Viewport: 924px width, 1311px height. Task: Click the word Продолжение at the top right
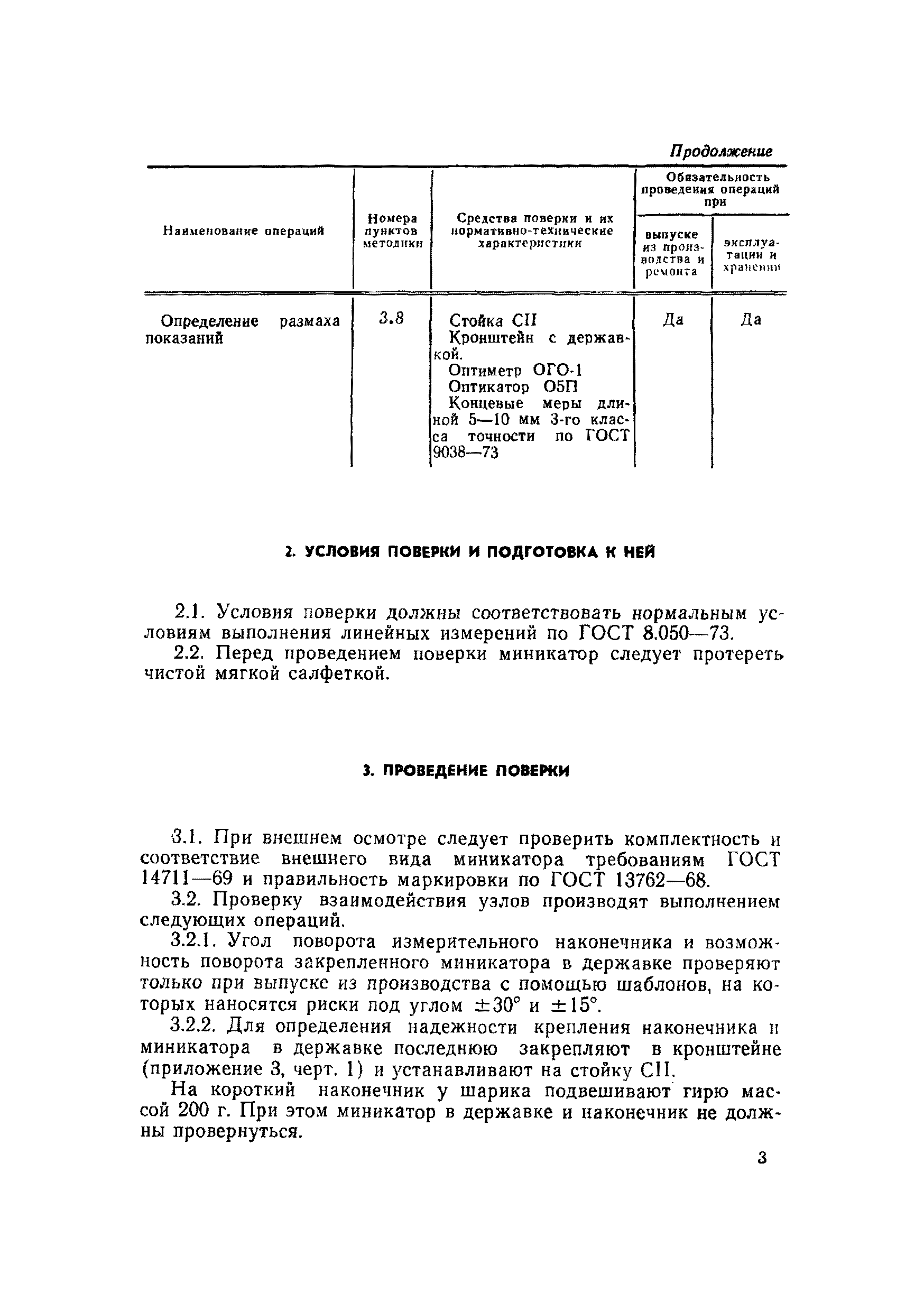click(720, 151)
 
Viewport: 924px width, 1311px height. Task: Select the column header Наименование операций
click(244, 230)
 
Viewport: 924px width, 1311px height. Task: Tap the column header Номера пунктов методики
click(392, 230)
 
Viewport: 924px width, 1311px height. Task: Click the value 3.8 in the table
click(391, 319)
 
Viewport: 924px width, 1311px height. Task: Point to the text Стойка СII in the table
click(493, 320)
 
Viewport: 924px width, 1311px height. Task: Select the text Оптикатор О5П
click(513, 387)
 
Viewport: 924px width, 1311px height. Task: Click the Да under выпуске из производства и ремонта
click(673, 320)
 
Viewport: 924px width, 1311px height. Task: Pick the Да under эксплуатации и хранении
click(751, 320)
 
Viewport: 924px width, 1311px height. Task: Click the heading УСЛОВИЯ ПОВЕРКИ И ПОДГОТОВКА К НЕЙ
click(470, 552)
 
